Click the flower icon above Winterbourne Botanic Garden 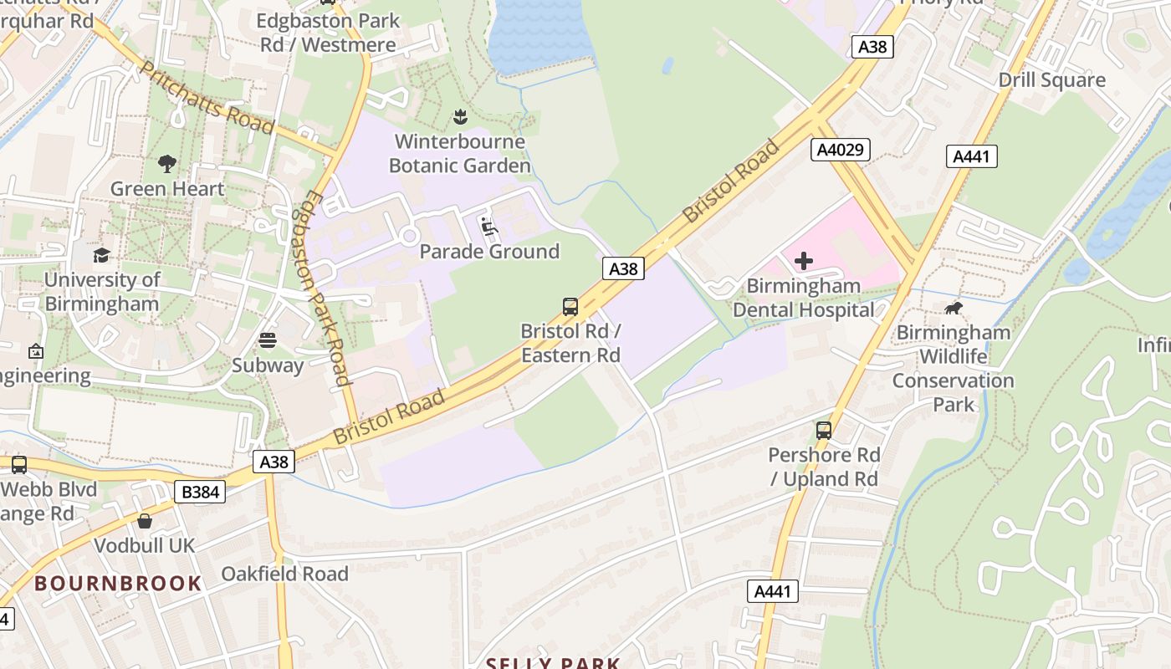tap(459, 115)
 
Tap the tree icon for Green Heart tap(167, 163)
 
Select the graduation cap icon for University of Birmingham tap(101, 254)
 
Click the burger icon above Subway tap(268, 340)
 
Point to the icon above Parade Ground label tap(489, 227)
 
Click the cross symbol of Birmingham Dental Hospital tap(803, 261)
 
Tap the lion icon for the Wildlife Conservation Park tap(953, 308)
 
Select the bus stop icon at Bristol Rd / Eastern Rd tap(570, 306)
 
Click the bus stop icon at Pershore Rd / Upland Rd tap(824, 430)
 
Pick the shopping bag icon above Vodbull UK tap(145, 521)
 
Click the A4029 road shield tap(841, 150)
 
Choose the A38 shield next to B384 tap(274, 462)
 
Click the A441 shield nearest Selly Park tap(772, 591)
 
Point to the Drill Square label tap(1051, 80)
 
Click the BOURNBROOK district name tap(118, 583)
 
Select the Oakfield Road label tap(284, 574)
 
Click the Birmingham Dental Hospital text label tap(803, 298)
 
